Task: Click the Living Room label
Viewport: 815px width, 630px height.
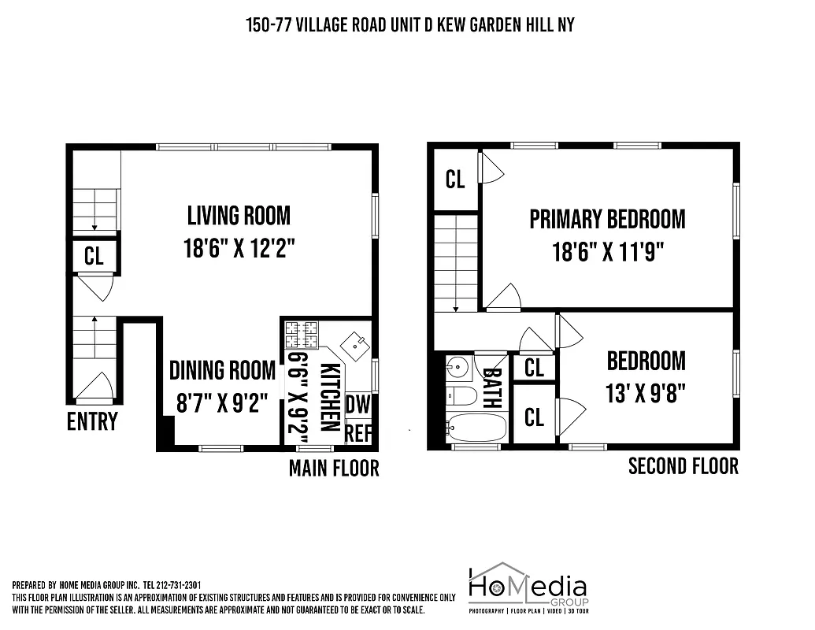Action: tap(239, 215)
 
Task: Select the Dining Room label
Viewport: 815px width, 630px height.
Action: tap(222, 370)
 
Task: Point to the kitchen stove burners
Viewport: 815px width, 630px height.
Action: tap(302, 334)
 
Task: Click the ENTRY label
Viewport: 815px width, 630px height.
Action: tap(92, 422)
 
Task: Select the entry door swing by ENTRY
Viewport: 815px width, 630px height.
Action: tap(96, 386)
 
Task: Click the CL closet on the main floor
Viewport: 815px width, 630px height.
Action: tap(94, 258)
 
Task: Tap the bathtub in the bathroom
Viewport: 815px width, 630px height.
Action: tap(476, 428)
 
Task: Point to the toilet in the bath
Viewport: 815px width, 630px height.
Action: tap(462, 395)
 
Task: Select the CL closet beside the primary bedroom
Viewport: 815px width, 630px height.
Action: tap(455, 180)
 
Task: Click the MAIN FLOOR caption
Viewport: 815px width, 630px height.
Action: tap(334, 469)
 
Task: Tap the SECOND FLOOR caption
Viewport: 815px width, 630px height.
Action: tap(683, 466)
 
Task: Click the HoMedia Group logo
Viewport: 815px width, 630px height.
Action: tap(528, 587)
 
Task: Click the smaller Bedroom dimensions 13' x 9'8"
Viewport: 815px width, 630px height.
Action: tap(646, 394)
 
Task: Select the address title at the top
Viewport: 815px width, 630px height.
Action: tap(410, 25)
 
